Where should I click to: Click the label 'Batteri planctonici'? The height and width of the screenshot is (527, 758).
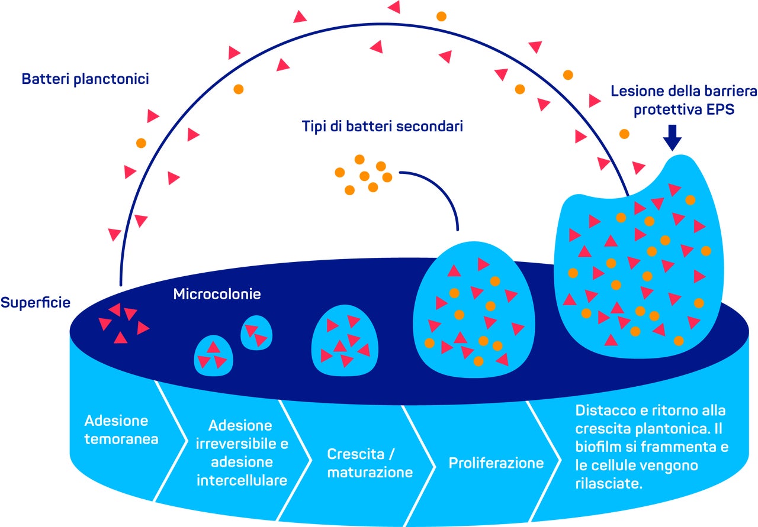(85, 79)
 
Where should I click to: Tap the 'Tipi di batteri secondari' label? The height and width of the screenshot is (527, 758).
(383, 127)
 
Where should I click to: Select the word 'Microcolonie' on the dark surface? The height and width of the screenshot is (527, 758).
(217, 294)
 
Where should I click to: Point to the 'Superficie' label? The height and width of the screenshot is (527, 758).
(36, 302)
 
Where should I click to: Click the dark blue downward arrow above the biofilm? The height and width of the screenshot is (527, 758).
(672, 138)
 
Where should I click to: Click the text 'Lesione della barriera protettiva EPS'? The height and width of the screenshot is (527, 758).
(684, 101)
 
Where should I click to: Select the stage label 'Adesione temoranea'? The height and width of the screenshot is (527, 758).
(121, 430)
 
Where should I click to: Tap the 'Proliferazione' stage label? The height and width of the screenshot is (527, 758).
(496, 463)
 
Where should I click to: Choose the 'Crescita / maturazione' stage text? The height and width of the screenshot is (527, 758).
(370, 463)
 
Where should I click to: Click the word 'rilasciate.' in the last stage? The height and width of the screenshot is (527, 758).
(609, 483)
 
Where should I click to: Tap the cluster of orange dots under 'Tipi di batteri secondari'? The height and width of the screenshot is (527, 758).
(364, 174)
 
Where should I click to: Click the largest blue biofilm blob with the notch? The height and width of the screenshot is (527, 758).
(639, 257)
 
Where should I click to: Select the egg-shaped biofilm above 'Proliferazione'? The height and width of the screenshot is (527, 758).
(474, 310)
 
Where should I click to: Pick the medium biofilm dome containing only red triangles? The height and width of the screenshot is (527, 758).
(345, 341)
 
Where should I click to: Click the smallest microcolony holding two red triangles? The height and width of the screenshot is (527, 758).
(256, 332)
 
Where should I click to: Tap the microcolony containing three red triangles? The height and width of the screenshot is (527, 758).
(213, 355)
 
